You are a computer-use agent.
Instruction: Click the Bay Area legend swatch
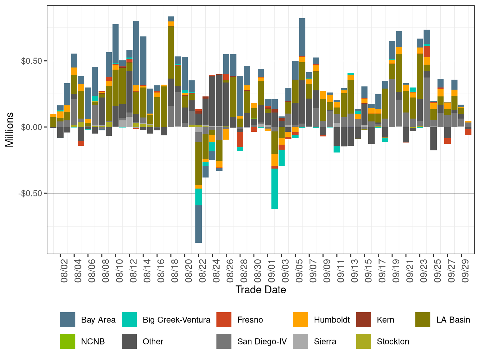[67, 320]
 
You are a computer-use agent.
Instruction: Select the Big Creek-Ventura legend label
[176, 320]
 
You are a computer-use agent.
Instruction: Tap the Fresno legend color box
[224, 320]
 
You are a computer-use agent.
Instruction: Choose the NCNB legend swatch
[67, 341]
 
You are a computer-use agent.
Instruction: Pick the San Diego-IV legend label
[262, 341]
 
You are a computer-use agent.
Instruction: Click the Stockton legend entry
[393, 341]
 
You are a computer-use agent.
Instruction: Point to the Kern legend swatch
[364, 320]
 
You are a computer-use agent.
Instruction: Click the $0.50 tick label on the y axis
[32, 61]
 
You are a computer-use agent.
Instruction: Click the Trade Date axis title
[261, 290]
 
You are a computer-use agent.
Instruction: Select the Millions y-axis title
[10, 130]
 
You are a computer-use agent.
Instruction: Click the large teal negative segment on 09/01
[275, 189]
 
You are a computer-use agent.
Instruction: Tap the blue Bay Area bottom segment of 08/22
[199, 224]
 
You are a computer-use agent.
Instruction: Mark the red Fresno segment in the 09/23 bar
[427, 51]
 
